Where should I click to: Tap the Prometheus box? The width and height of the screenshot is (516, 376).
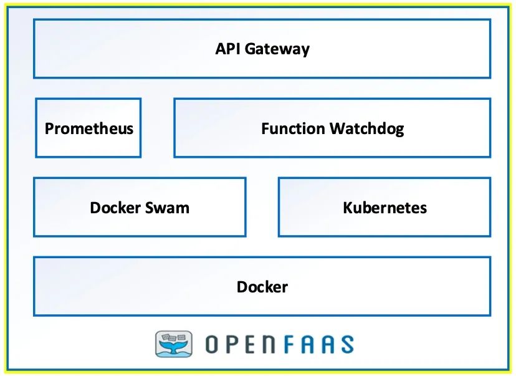pyautogui.click(x=88, y=128)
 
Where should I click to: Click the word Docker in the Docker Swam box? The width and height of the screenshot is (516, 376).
pyautogui.click(x=113, y=208)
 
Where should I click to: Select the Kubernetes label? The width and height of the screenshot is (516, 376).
pyautogui.click(x=385, y=208)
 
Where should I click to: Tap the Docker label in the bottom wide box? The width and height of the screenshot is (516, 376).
pyautogui.click(x=262, y=287)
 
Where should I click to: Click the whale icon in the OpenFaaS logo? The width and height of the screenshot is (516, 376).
pyautogui.click(x=174, y=344)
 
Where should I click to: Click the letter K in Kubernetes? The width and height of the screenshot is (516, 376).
pyautogui.click(x=348, y=208)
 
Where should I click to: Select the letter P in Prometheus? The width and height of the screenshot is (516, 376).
pyautogui.click(x=49, y=128)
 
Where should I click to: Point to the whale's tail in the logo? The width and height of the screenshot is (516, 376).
pyautogui.click(x=174, y=349)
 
